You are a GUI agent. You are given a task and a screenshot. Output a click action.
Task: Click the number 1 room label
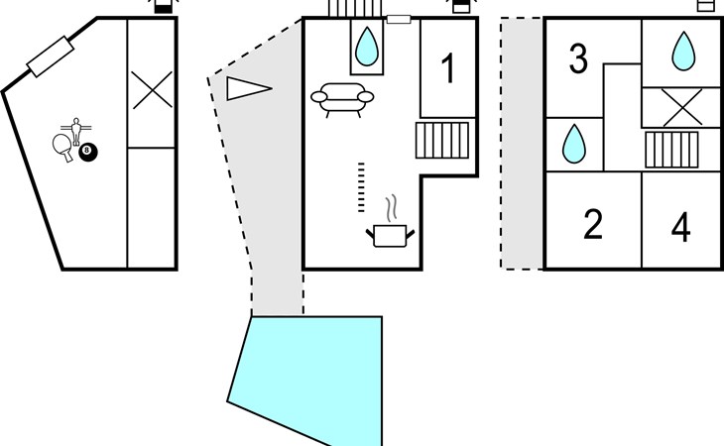(x=448, y=68)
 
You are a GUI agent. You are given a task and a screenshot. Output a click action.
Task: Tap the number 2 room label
(x=593, y=224)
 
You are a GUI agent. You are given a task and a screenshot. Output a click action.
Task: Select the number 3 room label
(x=578, y=58)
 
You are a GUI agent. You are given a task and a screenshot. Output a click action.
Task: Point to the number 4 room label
(x=681, y=227)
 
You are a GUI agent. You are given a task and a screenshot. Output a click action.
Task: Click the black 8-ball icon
(x=87, y=153)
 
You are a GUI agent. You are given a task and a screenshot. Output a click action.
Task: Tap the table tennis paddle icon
(x=63, y=147)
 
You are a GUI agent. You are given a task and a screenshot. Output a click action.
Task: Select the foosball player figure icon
(x=75, y=131)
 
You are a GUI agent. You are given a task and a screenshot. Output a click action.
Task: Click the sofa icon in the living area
(x=342, y=100)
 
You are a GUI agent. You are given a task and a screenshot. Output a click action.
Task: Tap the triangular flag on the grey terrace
(x=248, y=88)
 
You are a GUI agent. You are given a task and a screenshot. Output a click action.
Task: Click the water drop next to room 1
(x=367, y=47)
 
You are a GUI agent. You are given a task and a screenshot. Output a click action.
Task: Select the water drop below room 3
(x=574, y=144)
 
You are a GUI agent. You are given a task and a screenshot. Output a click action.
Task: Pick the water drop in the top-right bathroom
(x=683, y=52)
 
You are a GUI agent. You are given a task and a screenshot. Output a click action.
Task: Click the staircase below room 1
(x=442, y=140)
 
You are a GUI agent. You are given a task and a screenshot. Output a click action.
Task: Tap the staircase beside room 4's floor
(x=671, y=150)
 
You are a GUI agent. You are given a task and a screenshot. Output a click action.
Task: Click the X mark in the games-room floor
(x=152, y=90)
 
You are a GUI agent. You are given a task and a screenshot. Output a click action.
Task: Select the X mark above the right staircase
(x=682, y=107)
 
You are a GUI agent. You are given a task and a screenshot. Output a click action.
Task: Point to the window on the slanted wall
(x=51, y=56)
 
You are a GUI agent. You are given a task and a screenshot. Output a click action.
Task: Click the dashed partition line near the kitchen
(x=361, y=187)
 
